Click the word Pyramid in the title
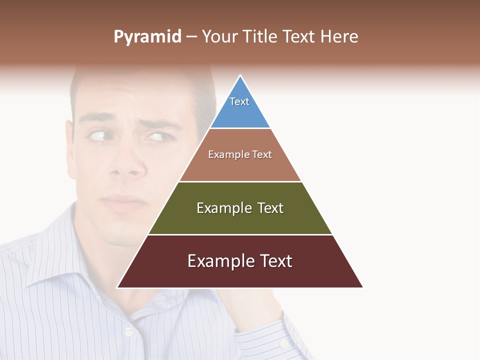click(x=147, y=37)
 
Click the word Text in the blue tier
click(x=239, y=101)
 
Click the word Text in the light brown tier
click(x=262, y=154)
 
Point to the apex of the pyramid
click(x=240, y=76)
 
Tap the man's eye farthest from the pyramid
click(x=98, y=135)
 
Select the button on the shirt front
click(x=128, y=331)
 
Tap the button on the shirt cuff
click(x=284, y=343)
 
